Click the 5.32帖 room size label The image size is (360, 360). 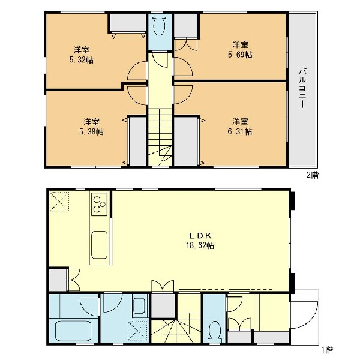pyautogui.click(x=81, y=60)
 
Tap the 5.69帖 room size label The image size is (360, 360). pyautogui.click(x=240, y=55)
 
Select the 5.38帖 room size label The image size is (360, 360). pyautogui.click(x=91, y=132)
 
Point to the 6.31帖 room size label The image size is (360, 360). pyautogui.click(x=240, y=131)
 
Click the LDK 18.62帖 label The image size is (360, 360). pyautogui.click(x=200, y=241)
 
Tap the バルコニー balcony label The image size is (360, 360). pyautogui.click(x=302, y=88)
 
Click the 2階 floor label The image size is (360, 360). pyautogui.click(x=313, y=175)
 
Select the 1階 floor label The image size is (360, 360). pyautogui.click(x=327, y=350)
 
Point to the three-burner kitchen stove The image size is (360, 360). pyautogui.click(x=99, y=204)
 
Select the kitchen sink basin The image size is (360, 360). pyautogui.click(x=100, y=245)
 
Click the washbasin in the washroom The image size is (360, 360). pyautogui.click(x=139, y=305)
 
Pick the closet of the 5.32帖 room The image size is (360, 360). pyautogui.click(x=127, y=23)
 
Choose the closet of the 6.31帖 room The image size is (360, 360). pyautogui.click(x=186, y=142)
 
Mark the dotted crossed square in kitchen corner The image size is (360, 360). pyautogui.click(x=59, y=202)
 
